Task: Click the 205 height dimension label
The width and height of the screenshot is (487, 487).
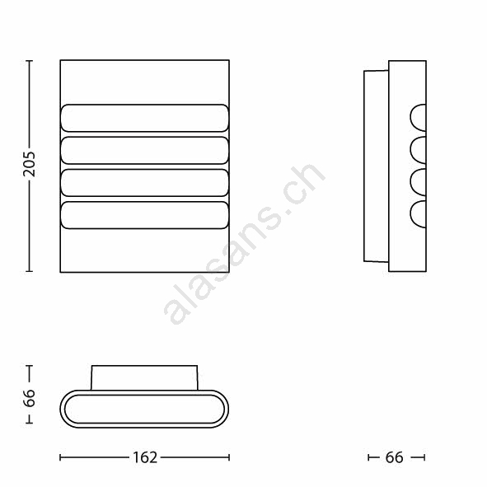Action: (29, 164)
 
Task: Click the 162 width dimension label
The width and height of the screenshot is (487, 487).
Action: (145, 457)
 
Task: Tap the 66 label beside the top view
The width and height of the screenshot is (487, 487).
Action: (29, 398)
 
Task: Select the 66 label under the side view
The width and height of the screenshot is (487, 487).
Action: (394, 457)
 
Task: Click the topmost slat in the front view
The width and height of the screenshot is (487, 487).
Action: (144, 118)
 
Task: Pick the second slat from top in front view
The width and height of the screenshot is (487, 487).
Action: (144, 150)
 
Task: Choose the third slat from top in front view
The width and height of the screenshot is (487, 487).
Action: (144, 183)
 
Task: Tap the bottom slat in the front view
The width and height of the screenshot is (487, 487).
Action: (144, 215)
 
